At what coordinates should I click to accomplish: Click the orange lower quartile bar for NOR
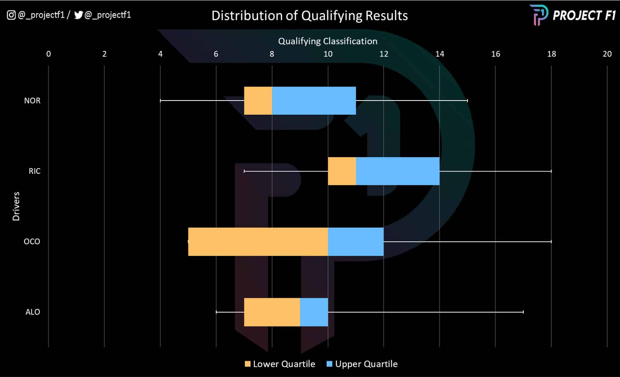[258, 100]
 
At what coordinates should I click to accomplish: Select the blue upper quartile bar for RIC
[397, 171]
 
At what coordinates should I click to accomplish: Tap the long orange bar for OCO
[258, 242]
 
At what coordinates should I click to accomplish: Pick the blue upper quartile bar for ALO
[314, 312]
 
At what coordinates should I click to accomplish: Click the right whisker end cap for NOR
[467, 100]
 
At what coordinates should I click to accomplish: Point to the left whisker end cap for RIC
[244, 171]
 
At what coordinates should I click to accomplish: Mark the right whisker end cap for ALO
[523, 312]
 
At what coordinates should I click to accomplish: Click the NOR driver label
[32, 101]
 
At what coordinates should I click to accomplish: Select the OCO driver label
[32, 242]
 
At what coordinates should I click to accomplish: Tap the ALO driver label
[32, 312]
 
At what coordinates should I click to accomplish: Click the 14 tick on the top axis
[439, 54]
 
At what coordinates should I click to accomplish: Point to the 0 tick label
[48, 54]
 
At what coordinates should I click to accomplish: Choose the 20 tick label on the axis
[607, 54]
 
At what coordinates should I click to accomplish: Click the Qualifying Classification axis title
[327, 41]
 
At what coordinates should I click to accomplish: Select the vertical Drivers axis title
[16, 206]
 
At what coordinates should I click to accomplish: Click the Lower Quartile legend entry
[280, 364]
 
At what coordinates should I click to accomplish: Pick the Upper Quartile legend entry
[362, 364]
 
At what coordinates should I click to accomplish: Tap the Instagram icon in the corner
[11, 15]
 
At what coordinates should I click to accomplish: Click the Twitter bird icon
[78, 15]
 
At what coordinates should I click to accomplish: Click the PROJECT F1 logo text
[583, 15]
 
